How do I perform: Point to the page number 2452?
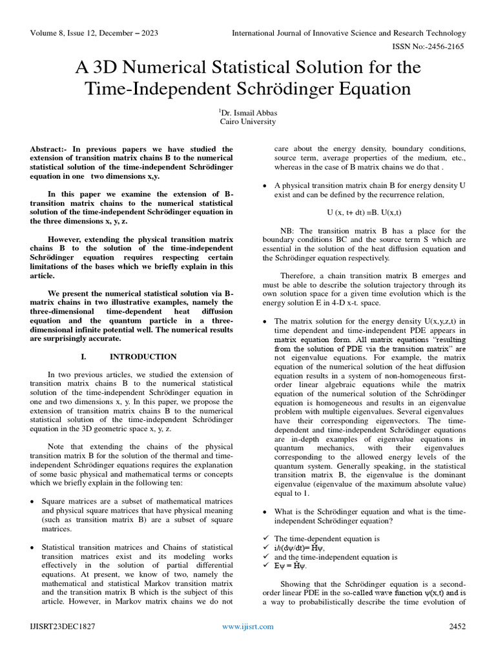tap(457, 626)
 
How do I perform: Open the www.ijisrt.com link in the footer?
tap(247, 626)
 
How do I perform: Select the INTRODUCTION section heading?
tap(143, 356)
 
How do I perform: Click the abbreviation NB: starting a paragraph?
tap(289, 230)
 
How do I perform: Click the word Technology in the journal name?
tap(443, 33)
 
